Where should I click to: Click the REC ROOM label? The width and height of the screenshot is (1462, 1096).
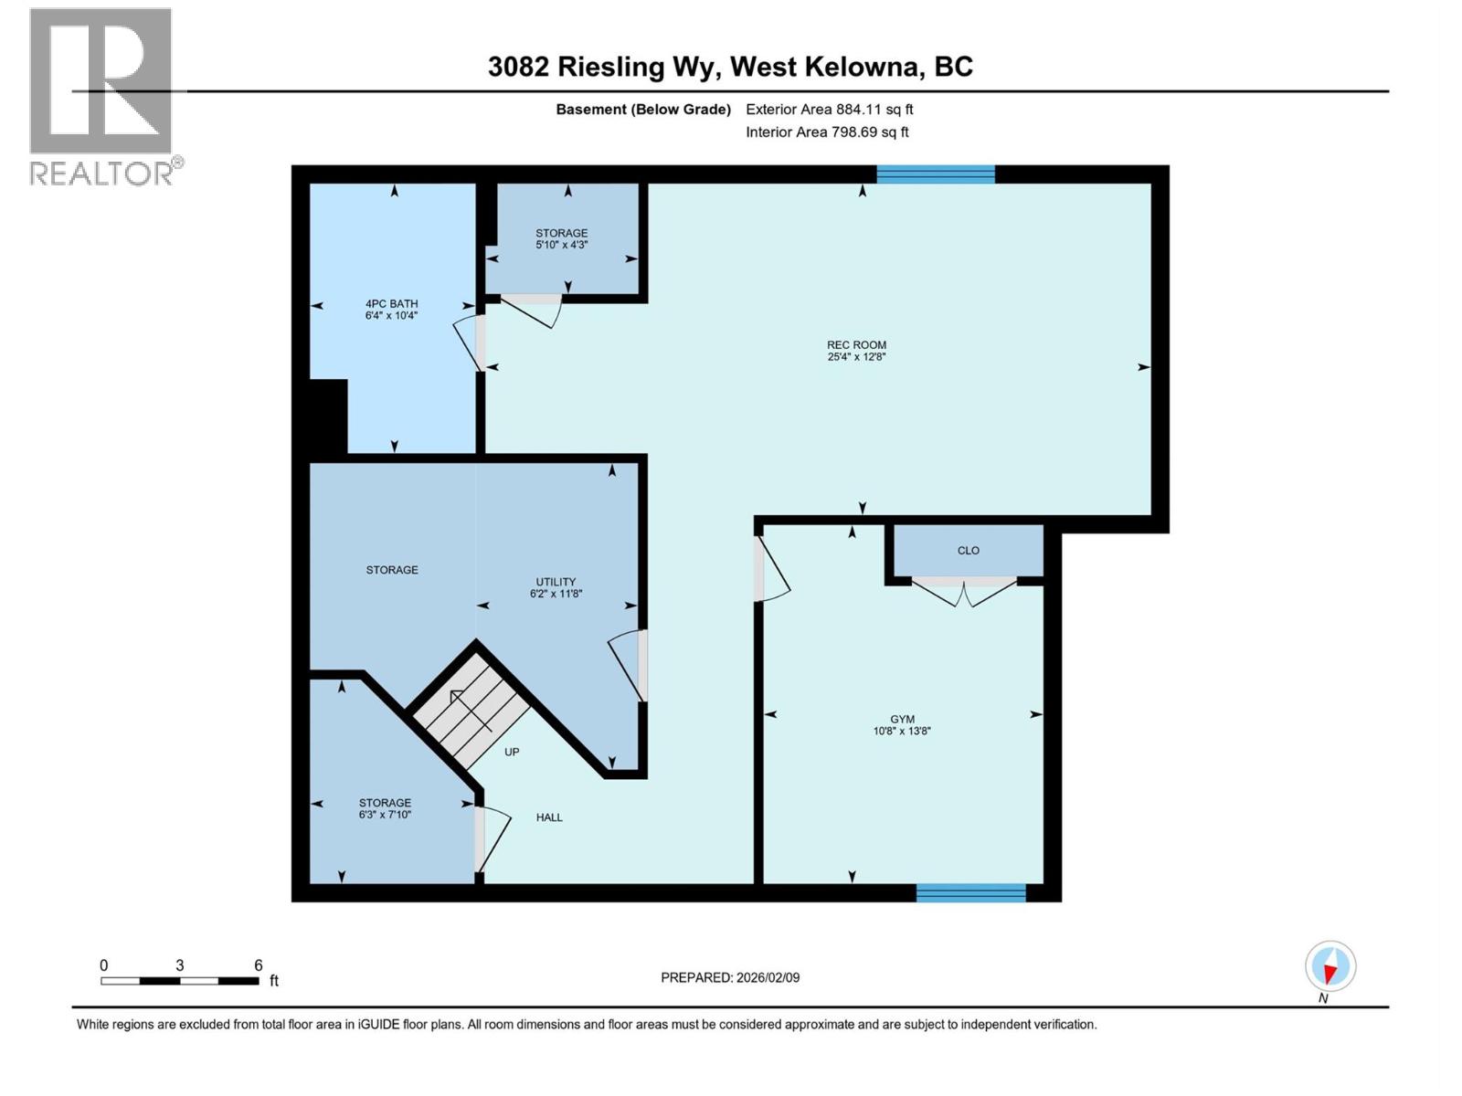pyautogui.click(x=856, y=345)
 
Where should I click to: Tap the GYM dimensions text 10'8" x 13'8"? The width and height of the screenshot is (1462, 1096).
pyautogui.click(x=901, y=731)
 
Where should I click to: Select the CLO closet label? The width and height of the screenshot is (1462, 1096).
pyautogui.click(x=968, y=551)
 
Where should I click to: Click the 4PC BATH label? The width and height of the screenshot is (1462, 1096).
pyautogui.click(x=391, y=304)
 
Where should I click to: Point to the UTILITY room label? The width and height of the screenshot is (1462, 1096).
pyautogui.click(x=556, y=582)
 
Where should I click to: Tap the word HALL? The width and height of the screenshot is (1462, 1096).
pyautogui.click(x=549, y=817)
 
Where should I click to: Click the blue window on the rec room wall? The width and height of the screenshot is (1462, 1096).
pyautogui.click(x=935, y=174)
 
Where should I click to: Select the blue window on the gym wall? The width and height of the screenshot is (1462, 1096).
pyautogui.click(x=970, y=893)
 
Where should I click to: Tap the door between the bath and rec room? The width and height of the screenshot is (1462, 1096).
pyautogui.click(x=470, y=342)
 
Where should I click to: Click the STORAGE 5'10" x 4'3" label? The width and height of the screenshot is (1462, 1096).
pyautogui.click(x=561, y=238)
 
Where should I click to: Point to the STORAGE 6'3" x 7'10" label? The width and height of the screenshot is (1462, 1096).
pyautogui.click(x=385, y=808)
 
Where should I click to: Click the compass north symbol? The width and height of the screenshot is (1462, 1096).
pyautogui.click(x=1330, y=966)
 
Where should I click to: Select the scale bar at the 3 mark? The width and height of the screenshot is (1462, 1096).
pyautogui.click(x=180, y=980)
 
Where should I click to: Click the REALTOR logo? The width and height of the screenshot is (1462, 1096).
pyautogui.click(x=102, y=96)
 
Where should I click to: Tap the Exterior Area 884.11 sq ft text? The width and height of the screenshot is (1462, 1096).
pyautogui.click(x=829, y=110)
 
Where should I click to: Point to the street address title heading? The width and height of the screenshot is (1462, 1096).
pyautogui.click(x=730, y=67)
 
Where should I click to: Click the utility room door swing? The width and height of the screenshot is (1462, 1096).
pyautogui.click(x=627, y=664)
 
